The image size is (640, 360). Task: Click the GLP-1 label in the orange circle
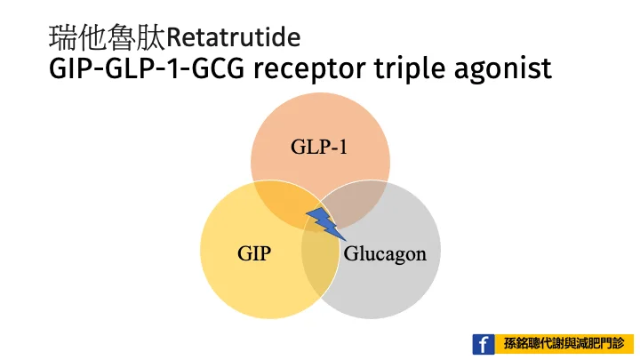[x=319, y=147]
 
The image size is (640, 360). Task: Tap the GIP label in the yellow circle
[x=254, y=253]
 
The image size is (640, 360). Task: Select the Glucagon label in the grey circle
[x=385, y=254]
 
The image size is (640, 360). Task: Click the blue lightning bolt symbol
[x=325, y=223]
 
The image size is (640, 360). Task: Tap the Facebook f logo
[x=484, y=344]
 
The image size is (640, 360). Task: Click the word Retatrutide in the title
[x=234, y=37]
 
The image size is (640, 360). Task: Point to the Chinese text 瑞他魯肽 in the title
[x=108, y=37]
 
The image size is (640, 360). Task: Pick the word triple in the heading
[x=409, y=68]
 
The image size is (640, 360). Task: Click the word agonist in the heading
[x=503, y=69]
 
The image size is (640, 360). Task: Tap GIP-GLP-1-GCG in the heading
[x=147, y=68]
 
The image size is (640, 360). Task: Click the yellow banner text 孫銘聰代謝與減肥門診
[x=564, y=344]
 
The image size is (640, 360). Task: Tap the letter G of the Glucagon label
[x=351, y=253]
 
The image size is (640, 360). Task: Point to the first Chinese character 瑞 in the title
[x=63, y=37]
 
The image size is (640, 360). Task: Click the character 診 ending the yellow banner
[x=619, y=344]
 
